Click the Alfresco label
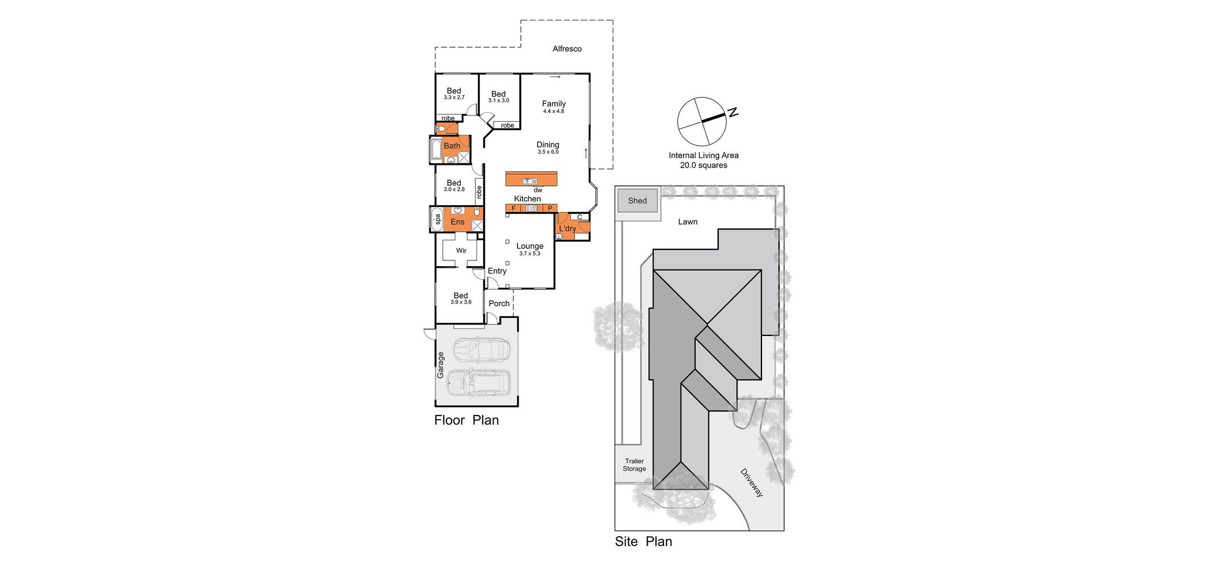tap(567, 49)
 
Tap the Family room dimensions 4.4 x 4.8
tap(553, 111)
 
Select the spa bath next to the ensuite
tap(437, 219)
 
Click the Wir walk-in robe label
tap(461, 251)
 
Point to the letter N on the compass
tap(734, 113)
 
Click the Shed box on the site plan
tap(637, 201)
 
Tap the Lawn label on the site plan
tap(687, 222)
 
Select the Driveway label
tap(752, 483)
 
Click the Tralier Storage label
tap(634, 465)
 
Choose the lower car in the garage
tap(479, 384)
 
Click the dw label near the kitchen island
tap(538, 190)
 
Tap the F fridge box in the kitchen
tap(513, 209)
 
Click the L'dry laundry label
tap(567, 229)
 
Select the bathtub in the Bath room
tap(436, 150)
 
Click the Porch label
tap(499, 304)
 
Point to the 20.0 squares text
tap(703, 165)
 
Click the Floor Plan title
tap(466, 421)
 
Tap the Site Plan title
tap(643, 542)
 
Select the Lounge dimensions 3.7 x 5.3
tap(529, 254)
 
